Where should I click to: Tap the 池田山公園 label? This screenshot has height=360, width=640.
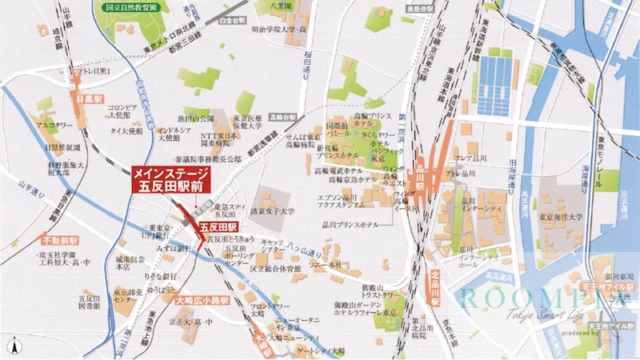pyautogui.click(x=183, y=118)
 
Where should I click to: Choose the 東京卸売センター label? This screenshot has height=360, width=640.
pyautogui.click(x=119, y=293)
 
